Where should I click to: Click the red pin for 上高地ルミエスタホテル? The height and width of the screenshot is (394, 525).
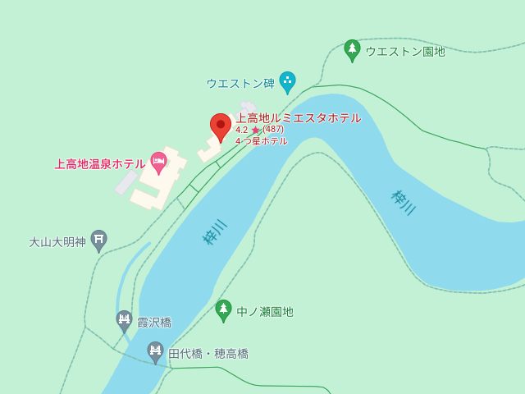click(x=221, y=126)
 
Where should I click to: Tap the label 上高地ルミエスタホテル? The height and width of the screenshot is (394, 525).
click(x=299, y=117)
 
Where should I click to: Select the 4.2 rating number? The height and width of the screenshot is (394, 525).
click(x=241, y=130)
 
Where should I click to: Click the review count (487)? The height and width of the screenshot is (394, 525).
click(x=273, y=129)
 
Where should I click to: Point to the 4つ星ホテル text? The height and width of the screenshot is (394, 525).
click(x=261, y=141)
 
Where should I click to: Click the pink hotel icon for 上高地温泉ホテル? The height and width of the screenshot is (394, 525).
click(x=158, y=162)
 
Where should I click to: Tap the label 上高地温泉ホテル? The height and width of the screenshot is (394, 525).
click(x=100, y=163)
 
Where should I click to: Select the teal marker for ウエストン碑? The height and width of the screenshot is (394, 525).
click(x=287, y=81)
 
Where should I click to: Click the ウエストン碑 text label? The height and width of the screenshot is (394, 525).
click(x=240, y=83)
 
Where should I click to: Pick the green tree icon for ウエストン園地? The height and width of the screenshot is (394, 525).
click(x=352, y=49)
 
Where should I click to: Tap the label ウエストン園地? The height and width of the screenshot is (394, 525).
click(x=405, y=51)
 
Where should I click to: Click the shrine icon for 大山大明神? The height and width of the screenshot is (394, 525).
click(x=98, y=240)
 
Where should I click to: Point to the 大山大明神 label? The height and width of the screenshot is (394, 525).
click(x=57, y=242)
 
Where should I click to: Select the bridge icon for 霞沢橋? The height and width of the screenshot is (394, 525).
click(x=124, y=320)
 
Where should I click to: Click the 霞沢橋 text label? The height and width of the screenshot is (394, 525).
click(x=154, y=323)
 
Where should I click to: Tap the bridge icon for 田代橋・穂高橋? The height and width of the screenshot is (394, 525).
click(x=155, y=351)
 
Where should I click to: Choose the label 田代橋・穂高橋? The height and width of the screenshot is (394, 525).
click(x=208, y=354)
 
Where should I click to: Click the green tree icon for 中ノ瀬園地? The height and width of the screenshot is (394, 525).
click(x=223, y=309)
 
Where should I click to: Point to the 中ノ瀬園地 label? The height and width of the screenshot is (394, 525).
click(x=265, y=312)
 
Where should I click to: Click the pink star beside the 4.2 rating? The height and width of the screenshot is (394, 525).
click(x=255, y=130)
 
